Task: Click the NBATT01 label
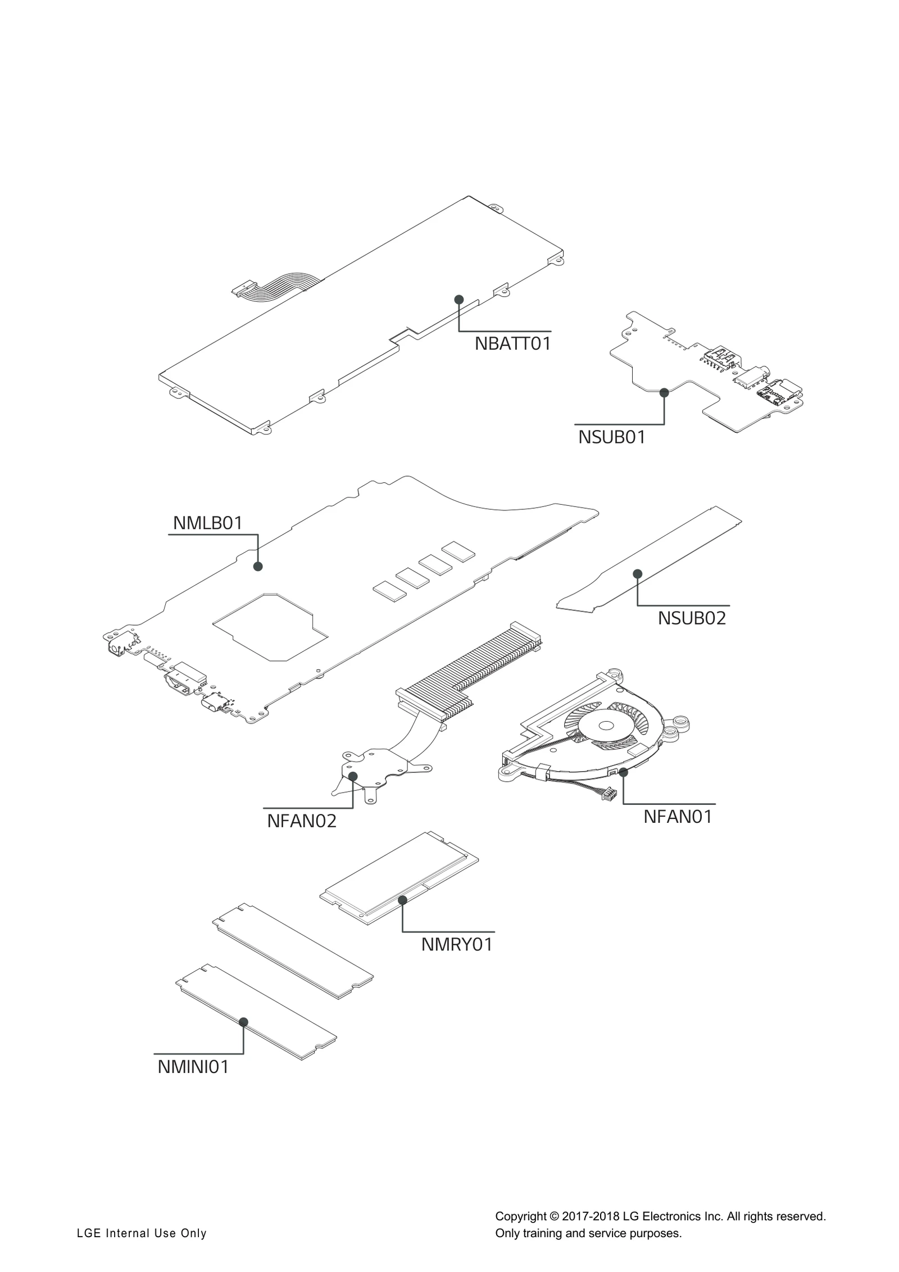(x=512, y=343)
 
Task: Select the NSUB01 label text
(x=612, y=436)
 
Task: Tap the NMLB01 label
(x=207, y=523)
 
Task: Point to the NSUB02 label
(x=692, y=618)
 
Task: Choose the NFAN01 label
(x=678, y=816)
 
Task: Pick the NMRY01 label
(x=457, y=944)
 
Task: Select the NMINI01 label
(x=193, y=1066)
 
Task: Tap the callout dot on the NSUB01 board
(x=664, y=392)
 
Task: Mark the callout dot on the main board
(x=258, y=566)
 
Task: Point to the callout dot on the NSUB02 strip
(x=637, y=574)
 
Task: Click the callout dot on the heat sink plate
(x=353, y=776)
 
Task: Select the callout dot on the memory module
(x=402, y=900)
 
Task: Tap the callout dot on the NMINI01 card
(x=243, y=1022)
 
